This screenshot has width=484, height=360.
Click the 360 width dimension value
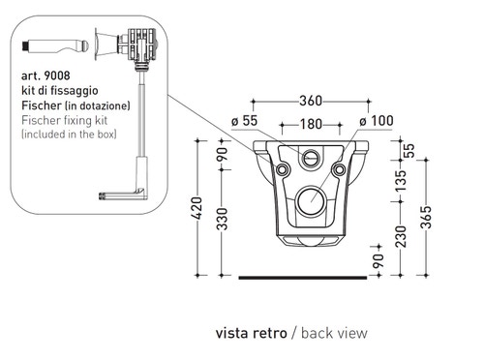[311, 101]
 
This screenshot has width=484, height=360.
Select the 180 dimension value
[311, 124]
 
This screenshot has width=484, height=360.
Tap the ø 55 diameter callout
[245, 121]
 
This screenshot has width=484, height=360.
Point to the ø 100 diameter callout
[377, 121]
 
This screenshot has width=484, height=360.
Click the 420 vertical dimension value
[197, 208]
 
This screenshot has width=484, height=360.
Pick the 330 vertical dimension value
[222, 220]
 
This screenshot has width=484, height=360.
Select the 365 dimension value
[426, 217]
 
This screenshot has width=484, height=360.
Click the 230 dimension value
[401, 236]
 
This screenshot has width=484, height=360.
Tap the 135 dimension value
[401, 181]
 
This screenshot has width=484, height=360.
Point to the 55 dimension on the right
[408, 150]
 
